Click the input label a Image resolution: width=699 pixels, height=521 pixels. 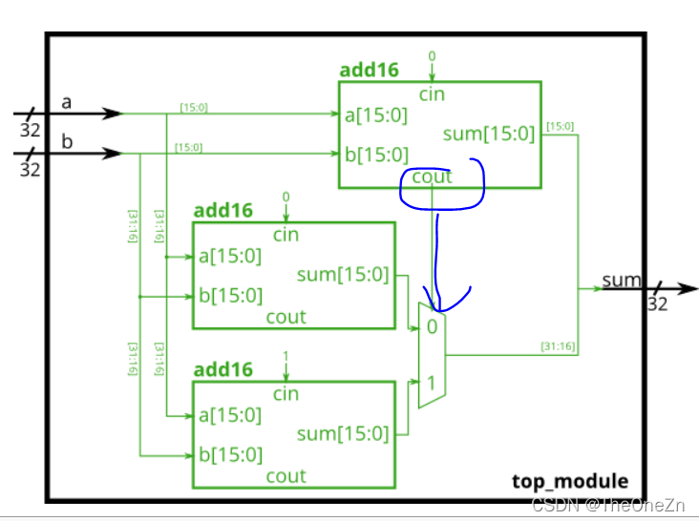[67, 101]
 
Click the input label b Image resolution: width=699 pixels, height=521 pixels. [67, 140]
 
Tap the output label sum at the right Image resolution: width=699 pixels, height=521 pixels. [621, 280]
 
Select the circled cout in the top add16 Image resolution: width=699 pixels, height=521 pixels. [432, 177]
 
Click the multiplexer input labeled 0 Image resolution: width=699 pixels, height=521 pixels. [433, 326]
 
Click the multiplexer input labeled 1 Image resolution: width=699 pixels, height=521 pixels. [433, 384]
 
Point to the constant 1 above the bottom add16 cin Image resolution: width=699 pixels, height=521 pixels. [286, 355]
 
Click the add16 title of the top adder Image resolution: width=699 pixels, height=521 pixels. [370, 71]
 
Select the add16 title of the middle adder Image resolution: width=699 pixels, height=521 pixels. [223, 210]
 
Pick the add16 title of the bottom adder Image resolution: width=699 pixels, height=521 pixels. [223, 369]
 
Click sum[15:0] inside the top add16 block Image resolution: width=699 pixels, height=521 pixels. [489, 135]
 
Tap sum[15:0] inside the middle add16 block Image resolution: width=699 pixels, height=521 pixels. [343, 276]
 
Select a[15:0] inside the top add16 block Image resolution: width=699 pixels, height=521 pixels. [376, 115]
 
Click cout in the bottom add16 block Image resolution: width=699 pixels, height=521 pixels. [286, 475]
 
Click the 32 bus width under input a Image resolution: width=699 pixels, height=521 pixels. [30, 131]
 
